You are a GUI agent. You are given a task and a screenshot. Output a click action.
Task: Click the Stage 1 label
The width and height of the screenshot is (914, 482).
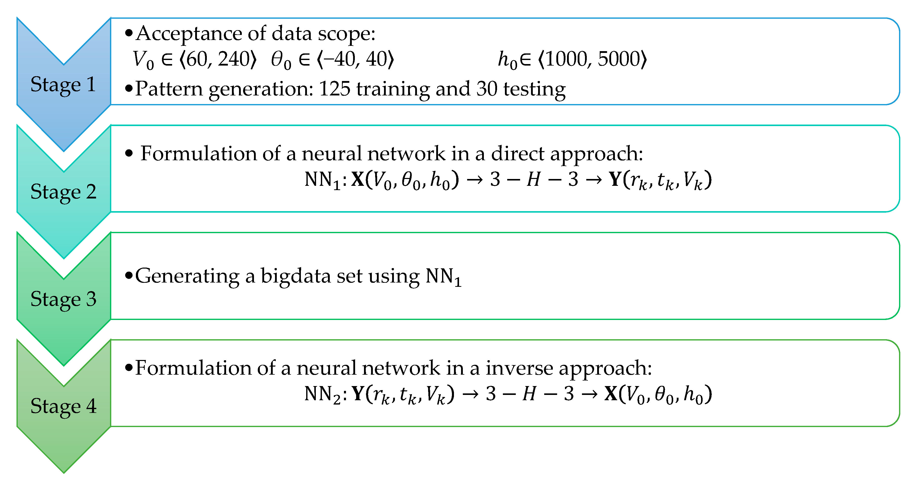pyautogui.click(x=63, y=85)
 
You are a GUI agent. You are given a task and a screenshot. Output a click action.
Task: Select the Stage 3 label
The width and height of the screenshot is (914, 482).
pyautogui.click(x=63, y=299)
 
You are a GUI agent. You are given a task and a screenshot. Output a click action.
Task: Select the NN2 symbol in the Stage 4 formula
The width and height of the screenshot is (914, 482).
pyautogui.click(x=322, y=394)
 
